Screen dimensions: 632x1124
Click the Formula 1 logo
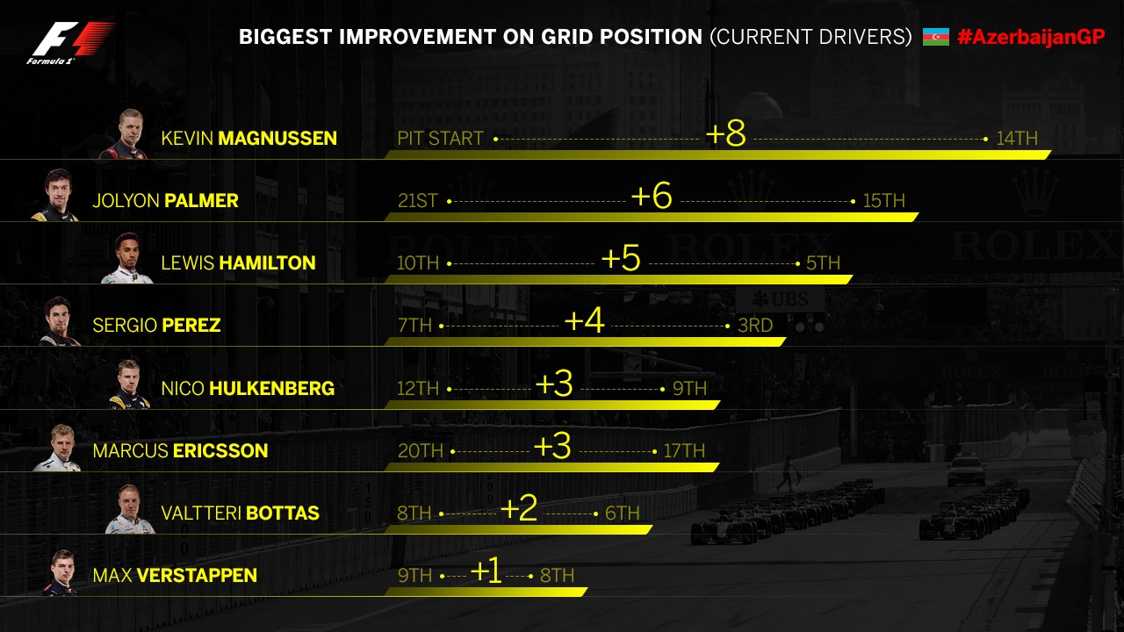[70, 42]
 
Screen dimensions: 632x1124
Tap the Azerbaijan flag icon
[936, 37]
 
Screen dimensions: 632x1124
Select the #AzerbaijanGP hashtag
[1031, 37]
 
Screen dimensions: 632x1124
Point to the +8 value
[725, 134]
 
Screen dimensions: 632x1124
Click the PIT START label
[440, 139]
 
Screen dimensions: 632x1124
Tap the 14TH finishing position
[1017, 139]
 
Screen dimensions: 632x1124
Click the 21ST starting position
[417, 201]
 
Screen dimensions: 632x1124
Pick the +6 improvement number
[652, 197]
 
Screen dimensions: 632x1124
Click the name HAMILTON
[267, 262]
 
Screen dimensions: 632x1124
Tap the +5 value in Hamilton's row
[621, 259]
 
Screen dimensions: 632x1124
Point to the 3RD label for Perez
[755, 326]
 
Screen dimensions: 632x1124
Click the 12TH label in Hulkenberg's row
[418, 388]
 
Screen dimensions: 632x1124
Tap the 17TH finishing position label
[684, 451]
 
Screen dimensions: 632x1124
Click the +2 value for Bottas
[518, 509]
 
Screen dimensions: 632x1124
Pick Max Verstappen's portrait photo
[60, 572]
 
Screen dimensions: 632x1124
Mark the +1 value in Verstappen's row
[486, 571]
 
